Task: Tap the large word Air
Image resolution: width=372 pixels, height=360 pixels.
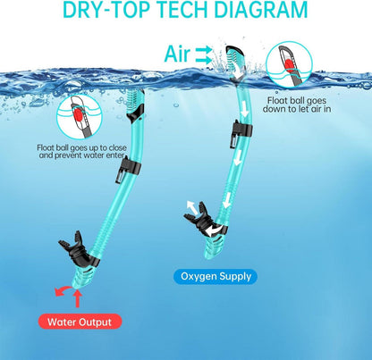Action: click(x=177, y=54)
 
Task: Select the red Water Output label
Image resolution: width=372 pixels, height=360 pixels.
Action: click(x=80, y=322)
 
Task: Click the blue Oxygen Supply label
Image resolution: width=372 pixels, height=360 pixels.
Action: click(x=216, y=277)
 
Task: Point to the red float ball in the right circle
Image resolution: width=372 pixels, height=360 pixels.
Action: click(x=289, y=65)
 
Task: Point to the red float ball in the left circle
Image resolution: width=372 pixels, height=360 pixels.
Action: click(x=78, y=115)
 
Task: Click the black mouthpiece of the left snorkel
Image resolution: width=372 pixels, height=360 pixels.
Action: click(x=78, y=250)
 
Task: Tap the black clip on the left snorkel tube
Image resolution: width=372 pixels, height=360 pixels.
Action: click(x=127, y=169)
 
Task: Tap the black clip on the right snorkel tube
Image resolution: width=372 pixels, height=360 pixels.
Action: click(x=241, y=133)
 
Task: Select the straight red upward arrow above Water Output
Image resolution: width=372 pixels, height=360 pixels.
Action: click(x=78, y=298)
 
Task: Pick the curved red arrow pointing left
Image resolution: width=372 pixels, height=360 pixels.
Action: click(x=63, y=290)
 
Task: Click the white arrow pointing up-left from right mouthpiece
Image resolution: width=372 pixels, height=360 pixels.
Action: click(x=192, y=207)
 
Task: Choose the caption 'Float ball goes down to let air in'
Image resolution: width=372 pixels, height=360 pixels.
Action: click(x=297, y=105)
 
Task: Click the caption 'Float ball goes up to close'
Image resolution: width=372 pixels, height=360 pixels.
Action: click(x=81, y=147)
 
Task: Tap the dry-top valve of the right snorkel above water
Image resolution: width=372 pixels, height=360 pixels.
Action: click(x=236, y=63)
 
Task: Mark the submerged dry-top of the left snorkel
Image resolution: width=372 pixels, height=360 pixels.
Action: click(x=135, y=105)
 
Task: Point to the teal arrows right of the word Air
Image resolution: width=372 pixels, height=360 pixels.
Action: click(x=204, y=55)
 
